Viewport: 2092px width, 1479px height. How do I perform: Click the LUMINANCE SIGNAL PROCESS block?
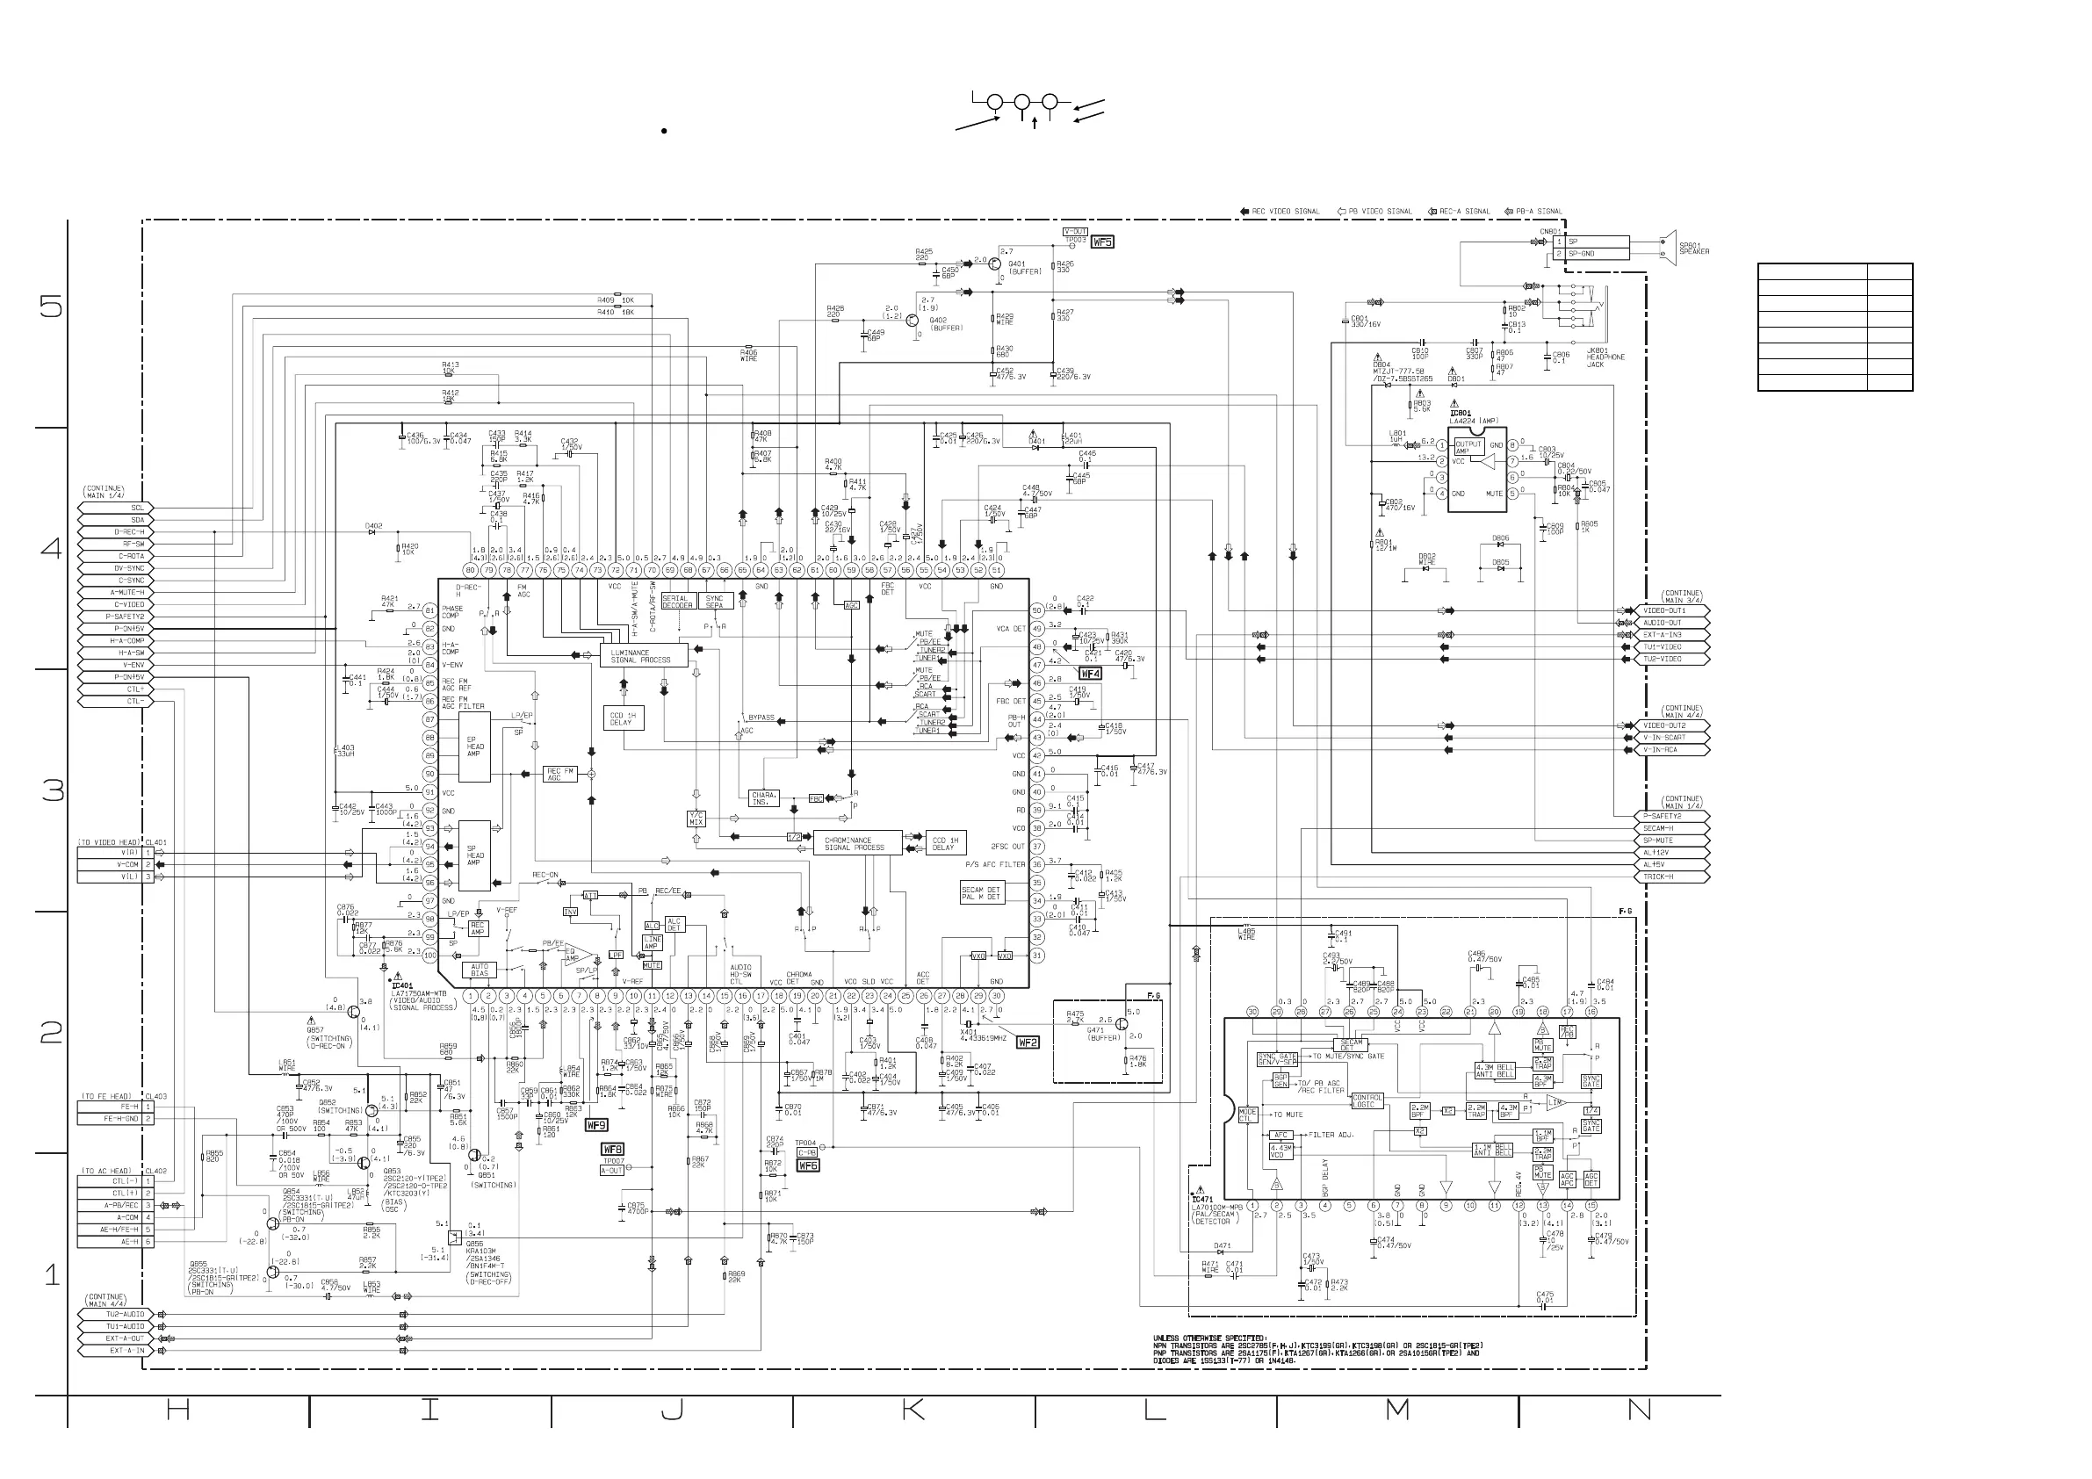click(643, 656)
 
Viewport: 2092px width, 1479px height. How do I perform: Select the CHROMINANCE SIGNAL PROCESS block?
click(856, 844)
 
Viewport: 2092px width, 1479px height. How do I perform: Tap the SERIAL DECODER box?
click(678, 602)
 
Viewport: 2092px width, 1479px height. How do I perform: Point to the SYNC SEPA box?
click(715, 602)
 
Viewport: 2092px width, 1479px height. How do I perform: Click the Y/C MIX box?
click(696, 819)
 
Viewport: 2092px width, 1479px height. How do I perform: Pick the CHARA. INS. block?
click(761, 799)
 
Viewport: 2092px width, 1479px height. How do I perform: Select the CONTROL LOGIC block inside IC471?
click(1367, 1100)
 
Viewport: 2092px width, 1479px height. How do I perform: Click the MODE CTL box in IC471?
click(1247, 1115)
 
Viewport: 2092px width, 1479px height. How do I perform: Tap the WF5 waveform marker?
click(1102, 242)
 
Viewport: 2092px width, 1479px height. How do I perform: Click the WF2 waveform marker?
click(1027, 1043)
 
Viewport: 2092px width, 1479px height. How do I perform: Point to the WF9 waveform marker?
click(595, 1125)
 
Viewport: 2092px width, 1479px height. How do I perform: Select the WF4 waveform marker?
click(1090, 674)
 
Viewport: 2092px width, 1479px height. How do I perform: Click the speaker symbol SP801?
click(1669, 247)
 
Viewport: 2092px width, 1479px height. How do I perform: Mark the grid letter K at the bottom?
click(913, 1410)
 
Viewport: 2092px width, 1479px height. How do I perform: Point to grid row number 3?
click(53, 790)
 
